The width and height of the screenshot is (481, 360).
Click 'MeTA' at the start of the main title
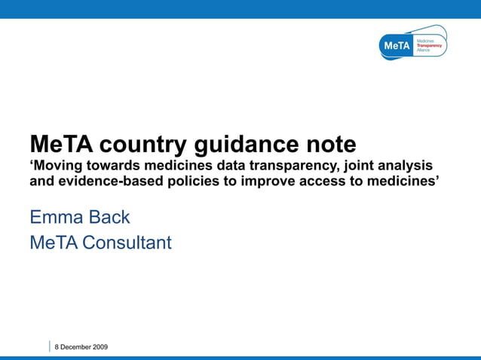[x=61, y=144]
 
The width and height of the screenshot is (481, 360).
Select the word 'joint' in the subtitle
[x=363, y=166]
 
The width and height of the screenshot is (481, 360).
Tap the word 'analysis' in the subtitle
[x=409, y=166]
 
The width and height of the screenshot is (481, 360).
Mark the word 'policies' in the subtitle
[x=202, y=182]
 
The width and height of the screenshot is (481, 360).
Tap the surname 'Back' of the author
[x=108, y=218]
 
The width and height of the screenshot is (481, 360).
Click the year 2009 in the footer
[x=100, y=346]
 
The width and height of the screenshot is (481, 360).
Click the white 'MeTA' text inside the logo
[x=397, y=46]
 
